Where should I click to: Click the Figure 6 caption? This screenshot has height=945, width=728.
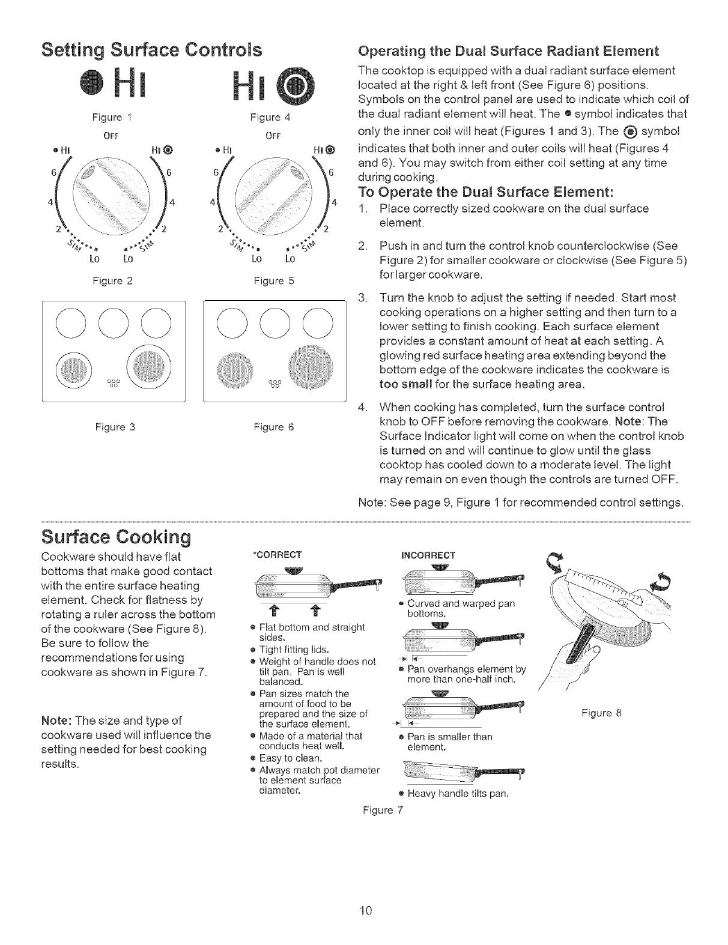coord(274,427)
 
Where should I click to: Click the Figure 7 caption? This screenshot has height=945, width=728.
coord(383,810)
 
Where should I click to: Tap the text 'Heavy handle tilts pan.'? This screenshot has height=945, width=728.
coord(458,793)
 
